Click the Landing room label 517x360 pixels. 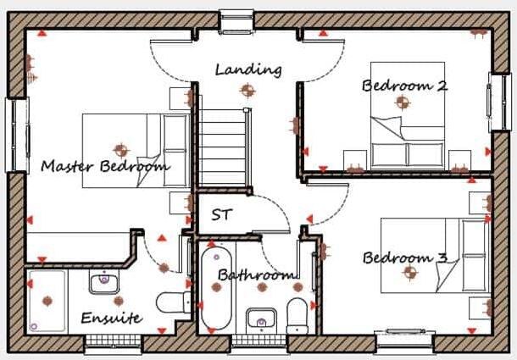coord(247,69)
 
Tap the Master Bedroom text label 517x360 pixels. coord(104,166)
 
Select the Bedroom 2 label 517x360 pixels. coord(404,85)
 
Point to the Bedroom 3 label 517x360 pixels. coord(404,258)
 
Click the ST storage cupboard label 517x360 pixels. coord(222,214)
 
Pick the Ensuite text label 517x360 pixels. coord(111,318)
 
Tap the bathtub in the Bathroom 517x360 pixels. coord(216,288)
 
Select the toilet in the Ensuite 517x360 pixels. coord(174,302)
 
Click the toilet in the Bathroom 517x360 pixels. coord(297,313)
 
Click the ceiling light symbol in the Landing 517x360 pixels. coord(247,89)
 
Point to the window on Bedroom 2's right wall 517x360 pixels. coord(496,102)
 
